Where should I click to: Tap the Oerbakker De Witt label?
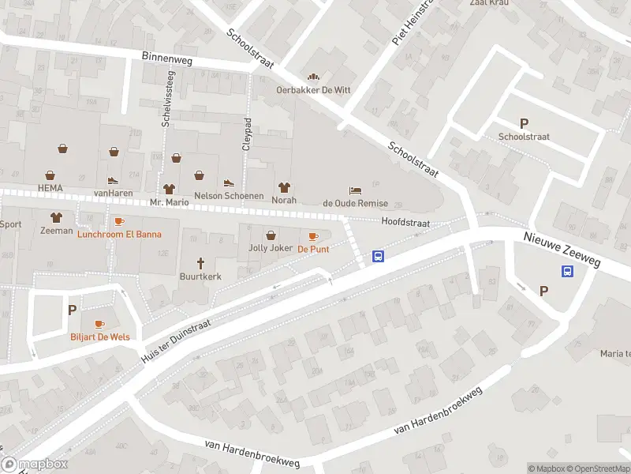[x=313, y=90]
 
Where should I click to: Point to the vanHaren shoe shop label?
[x=112, y=193]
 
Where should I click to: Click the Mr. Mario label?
[x=170, y=201]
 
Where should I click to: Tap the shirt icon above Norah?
[x=284, y=187]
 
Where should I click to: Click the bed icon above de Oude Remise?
[x=356, y=190]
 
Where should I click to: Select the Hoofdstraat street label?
[x=405, y=223]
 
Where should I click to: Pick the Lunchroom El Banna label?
[x=119, y=234]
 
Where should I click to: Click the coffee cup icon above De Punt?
[x=313, y=236]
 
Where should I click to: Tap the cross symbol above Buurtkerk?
[x=200, y=263]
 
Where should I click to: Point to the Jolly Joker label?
[x=271, y=248]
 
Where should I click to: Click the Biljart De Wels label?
[x=99, y=337]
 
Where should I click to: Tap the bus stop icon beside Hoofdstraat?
[x=379, y=256]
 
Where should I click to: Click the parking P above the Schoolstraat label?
[x=524, y=123]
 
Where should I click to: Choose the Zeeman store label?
[x=56, y=231]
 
